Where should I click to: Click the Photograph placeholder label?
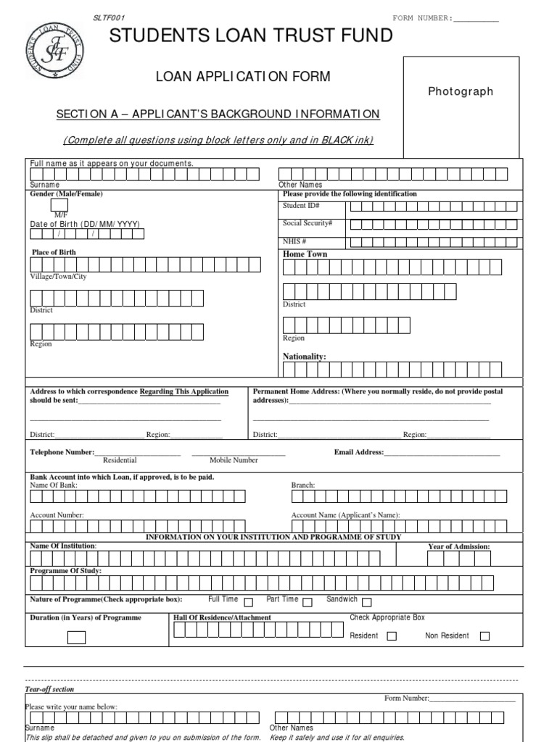[x=461, y=91]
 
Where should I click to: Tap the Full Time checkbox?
[x=249, y=601]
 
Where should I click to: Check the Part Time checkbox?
[x=308, y=601]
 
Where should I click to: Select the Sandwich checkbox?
[x=367, y=601]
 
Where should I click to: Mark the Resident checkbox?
[x=392, y=636]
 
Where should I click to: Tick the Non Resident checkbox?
[x=485, y=636]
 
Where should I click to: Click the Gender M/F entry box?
[x=59, y=206]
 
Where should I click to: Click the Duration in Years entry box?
[x=76, y=638]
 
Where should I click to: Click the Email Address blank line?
[x=442, y=454]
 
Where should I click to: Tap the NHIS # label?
[x=294, y=241]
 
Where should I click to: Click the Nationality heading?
[x=304, y=357]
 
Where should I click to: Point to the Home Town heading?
[x=305, y=254]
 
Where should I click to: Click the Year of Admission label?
[x=459, y=546]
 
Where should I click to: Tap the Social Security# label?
[x=308, y=223]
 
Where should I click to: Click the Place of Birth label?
[x=53, y=252]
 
